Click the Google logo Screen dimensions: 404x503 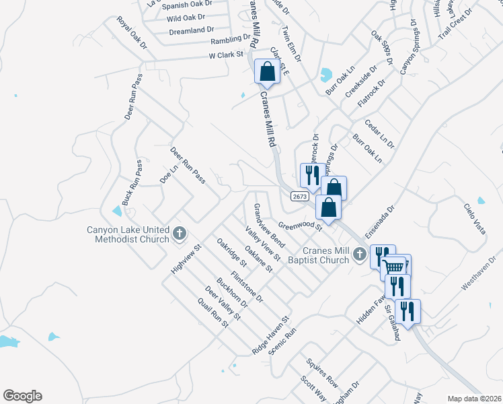22,396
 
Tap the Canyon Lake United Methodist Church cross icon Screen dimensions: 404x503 179,234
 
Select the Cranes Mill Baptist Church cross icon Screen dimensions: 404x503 360,254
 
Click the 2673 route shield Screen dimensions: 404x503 300,196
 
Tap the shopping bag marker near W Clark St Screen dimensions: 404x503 267,71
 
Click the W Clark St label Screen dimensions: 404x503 225,55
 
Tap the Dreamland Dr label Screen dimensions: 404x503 192,30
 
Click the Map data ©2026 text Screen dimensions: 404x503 475,399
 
